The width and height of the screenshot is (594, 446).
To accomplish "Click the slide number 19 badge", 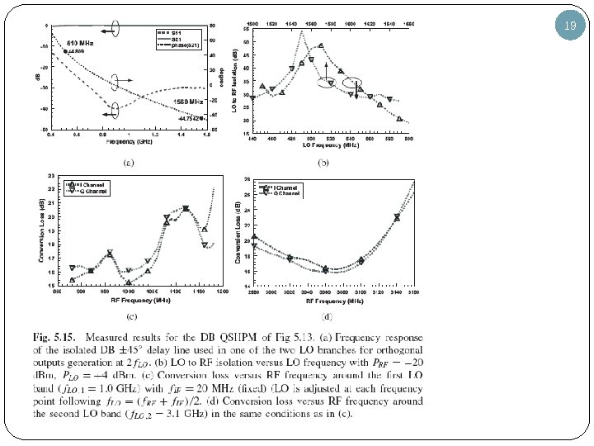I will click(x=570, y=26).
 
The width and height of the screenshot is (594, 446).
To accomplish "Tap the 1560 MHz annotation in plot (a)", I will click(x=188, y=101).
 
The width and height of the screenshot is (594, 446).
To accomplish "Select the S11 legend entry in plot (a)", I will click(x=176, y=31).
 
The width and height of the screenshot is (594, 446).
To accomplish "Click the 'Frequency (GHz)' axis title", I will click(x=130, y=141).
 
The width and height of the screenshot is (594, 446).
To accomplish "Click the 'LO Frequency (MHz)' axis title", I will click(x=329, y=145).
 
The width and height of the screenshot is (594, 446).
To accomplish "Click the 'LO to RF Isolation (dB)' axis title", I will click(x=235, y=78).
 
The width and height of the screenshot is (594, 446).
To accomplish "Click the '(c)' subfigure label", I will click(x=130, y=315).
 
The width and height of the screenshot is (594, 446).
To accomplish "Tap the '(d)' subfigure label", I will click(x=328, y=315).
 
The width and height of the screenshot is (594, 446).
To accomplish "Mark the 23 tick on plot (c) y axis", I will click(x=53, y=176).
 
